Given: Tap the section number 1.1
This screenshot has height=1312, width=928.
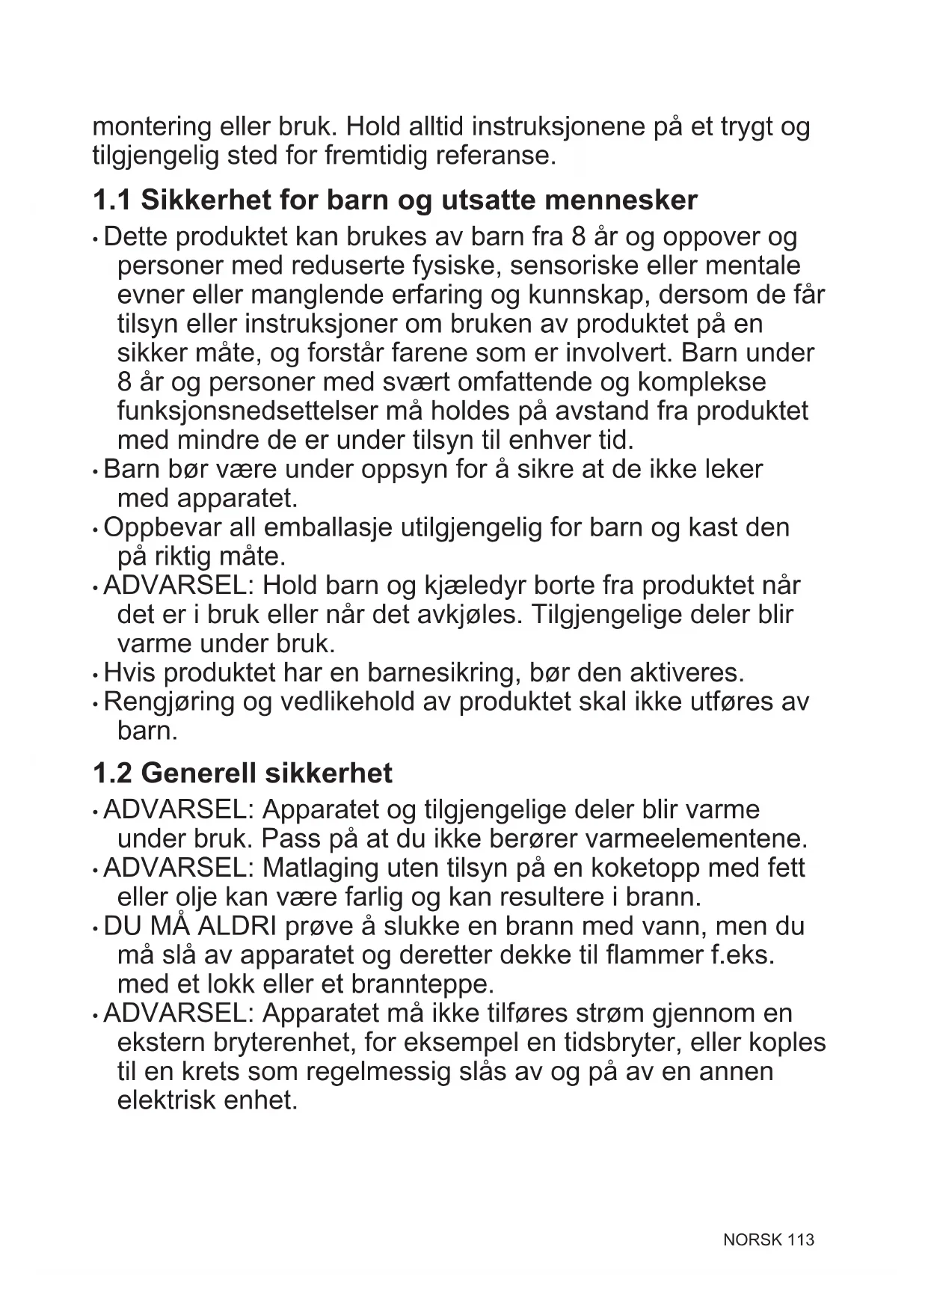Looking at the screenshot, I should click(x=111, y=200).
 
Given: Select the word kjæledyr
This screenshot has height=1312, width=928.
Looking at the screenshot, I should click(x=478, y=586).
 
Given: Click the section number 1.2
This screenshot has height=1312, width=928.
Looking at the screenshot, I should click(x=111, y=773).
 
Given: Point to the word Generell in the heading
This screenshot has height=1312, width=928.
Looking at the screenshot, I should click(x=198, y=773).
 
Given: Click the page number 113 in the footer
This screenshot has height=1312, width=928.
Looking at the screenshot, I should click(x=800, y=1240).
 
